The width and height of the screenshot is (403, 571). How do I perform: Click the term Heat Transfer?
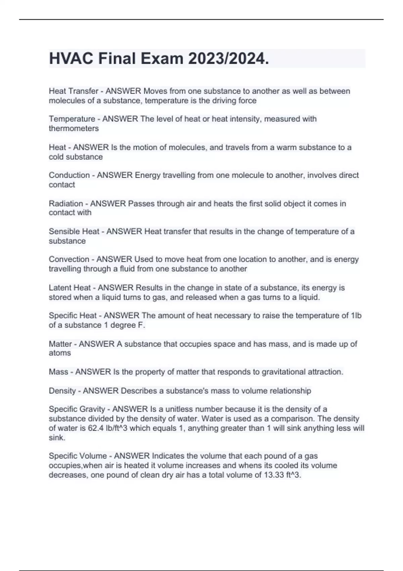pos(74,91)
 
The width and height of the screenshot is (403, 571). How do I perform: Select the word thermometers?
pos(74,128)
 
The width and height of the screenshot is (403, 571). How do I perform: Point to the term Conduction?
pos(69,175)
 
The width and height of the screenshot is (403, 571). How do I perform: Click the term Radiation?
pos(66,204)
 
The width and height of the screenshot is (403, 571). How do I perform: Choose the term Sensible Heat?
pos(74,231)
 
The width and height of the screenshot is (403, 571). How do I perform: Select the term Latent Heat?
pos(70,288)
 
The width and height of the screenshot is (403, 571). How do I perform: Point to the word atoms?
pos(60,353)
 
